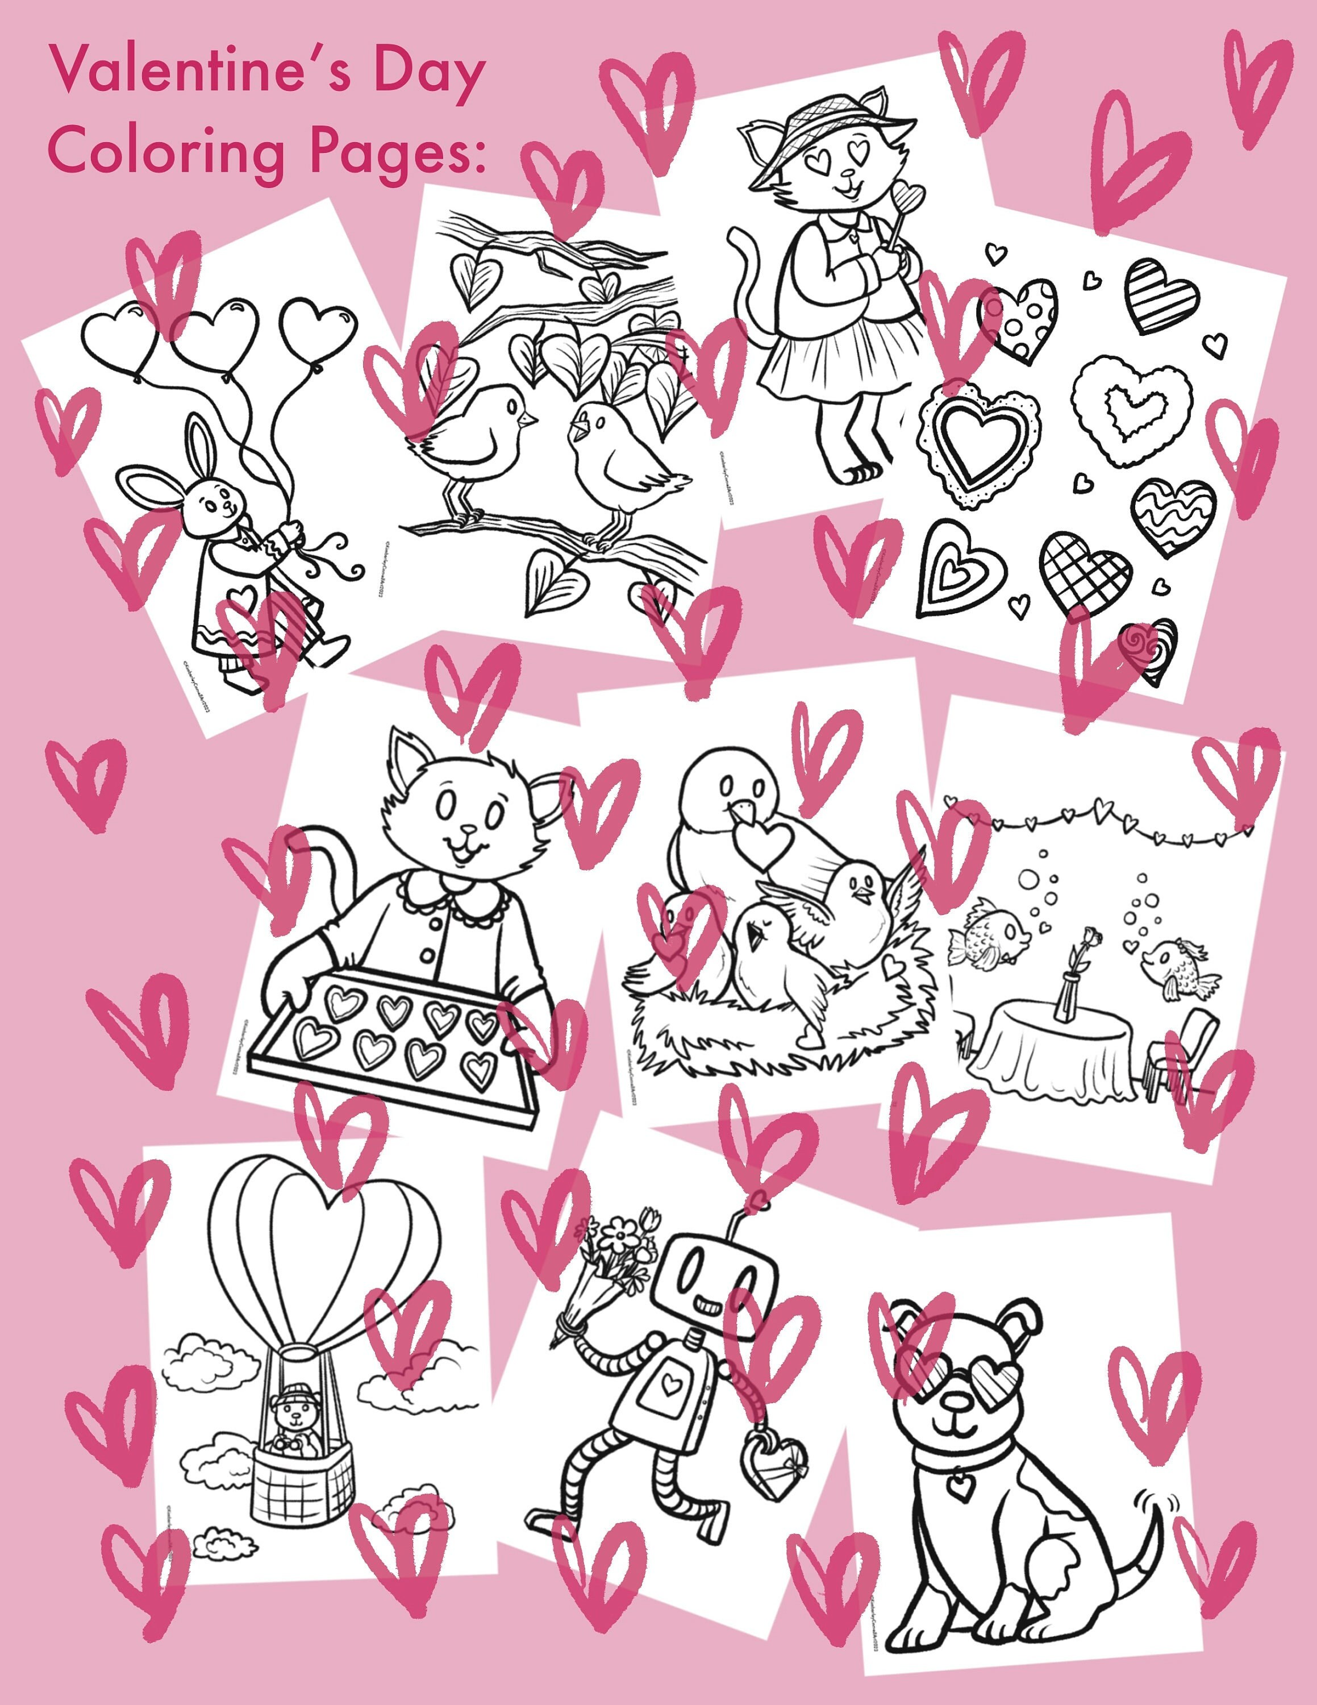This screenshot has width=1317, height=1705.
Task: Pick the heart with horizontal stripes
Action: coord(1161,297)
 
